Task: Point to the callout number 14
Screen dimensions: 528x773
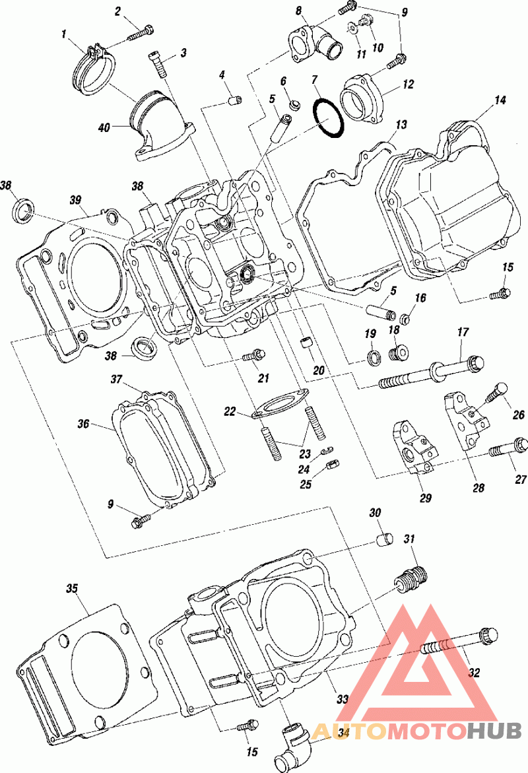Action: (x=500, y=100)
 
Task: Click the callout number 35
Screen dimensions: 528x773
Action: (x=73, y=588)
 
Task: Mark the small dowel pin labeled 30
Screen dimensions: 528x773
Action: (x=385, y=539)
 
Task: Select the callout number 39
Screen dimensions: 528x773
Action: (x=75, y=200)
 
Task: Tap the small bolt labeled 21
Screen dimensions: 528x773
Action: (x=254, y=354)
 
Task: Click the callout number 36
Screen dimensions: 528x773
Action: (x=83, y=424)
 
